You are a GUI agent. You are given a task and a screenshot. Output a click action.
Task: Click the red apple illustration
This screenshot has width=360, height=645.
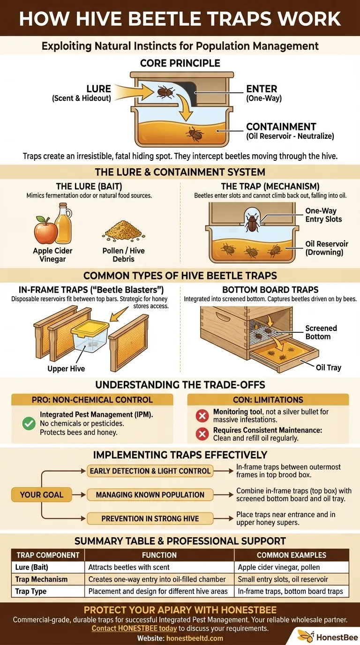pyautogui.click(x=45, y=231)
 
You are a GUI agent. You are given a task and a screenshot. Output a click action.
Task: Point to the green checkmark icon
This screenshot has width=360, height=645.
pyautogui.click(x=29, y=423)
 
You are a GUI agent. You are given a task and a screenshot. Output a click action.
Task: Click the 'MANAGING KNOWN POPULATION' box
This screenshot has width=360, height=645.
pyautogui.click(x=150, y=495)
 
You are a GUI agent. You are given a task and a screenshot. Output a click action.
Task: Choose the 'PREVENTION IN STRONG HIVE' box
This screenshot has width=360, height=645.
pyautogui.click(x=150, y=518)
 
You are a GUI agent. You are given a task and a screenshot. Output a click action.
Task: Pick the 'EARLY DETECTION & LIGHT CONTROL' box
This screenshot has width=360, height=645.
pyautogui.click(x=150, y=471)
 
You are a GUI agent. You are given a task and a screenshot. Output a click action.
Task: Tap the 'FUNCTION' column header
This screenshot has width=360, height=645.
pyautogui.click(x=159, y=555)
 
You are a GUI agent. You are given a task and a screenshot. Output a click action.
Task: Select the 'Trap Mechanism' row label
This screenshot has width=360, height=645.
pyautogui.click(x=41, y=579)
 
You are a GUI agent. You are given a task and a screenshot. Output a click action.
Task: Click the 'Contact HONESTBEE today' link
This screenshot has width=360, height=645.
pyautogui.click(x=134, y=628)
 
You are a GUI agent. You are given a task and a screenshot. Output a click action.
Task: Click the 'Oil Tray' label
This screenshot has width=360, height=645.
pyautogui.click(x=328, y=367)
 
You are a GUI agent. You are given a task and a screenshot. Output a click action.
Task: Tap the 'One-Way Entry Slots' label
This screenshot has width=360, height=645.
pyautogui.click(x=323, y=215)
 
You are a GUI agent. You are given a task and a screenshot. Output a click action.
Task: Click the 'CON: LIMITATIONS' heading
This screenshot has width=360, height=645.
pyautogui.click(x=268, y=400)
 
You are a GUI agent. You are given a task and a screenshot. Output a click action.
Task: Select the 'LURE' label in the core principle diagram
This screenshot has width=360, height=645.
pyautogui.click(x=98, y=89)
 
